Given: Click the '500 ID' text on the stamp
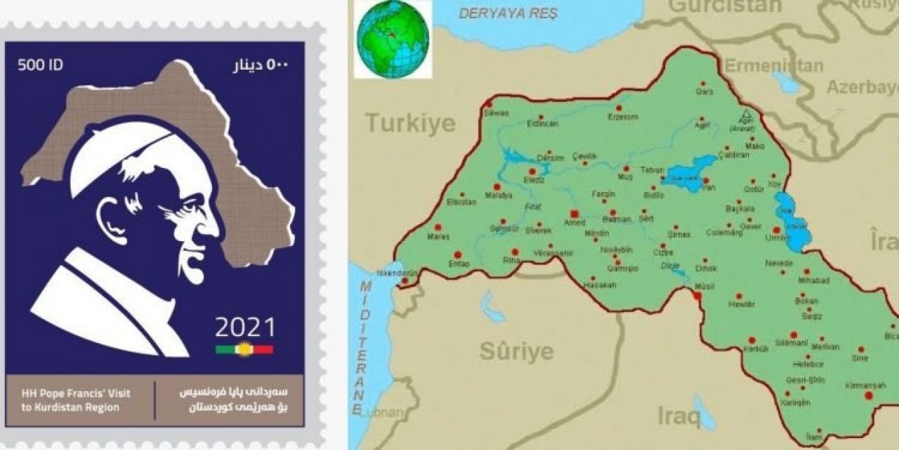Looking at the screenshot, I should point(40,65).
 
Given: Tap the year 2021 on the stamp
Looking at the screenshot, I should point(245,328).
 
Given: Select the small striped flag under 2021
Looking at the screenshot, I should point(244,349).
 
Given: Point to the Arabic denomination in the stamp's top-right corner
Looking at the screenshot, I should point(261,65).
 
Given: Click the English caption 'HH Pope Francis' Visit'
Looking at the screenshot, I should point(70,394).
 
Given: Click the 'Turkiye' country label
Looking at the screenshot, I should point(410,124).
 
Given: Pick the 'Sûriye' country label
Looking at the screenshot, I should point(516,351).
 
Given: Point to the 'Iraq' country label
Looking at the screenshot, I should point(678,416).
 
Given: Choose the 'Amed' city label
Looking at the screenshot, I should point(575,222).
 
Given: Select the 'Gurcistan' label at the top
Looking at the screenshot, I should point(725,6).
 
